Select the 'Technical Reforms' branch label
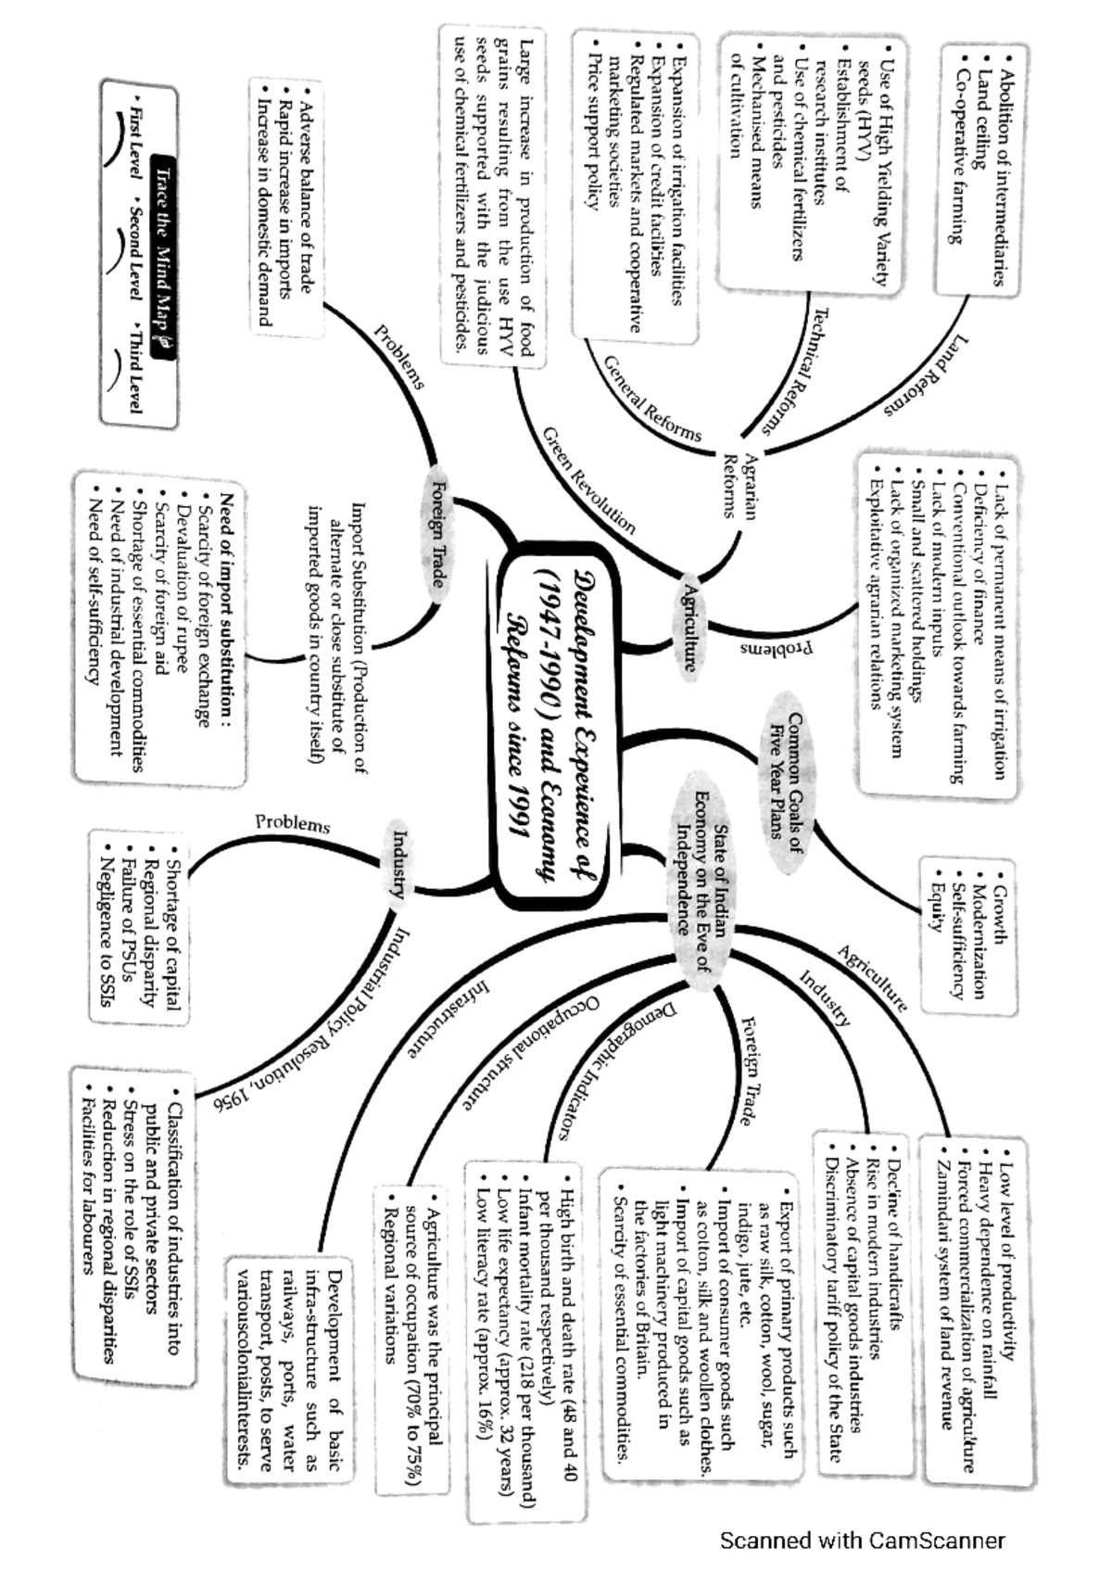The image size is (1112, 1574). pyautogui.click(x=798, y=371)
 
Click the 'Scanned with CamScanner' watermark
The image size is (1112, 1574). pyautogui.click(x=862, y=1540)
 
